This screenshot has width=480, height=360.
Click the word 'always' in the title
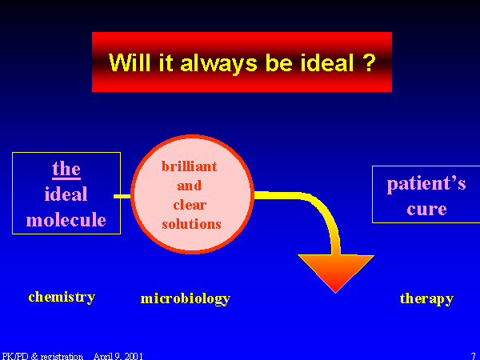tap(218, 63)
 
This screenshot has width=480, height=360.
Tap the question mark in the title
tap(370, 62)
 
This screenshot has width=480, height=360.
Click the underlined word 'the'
tap(66, 170)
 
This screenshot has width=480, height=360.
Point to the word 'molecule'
tap(66, 219)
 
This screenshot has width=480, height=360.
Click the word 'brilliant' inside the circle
tap(190, 166)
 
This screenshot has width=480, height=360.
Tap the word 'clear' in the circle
tap(190, 205)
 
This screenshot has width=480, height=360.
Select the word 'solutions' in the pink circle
tap(191, 224)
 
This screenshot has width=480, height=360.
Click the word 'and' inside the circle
tap(190, 186)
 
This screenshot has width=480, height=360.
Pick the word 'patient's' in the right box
tap(426, 184)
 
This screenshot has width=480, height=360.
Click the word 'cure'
tap(426, 210)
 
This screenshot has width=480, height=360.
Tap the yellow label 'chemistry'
tap(62, 297)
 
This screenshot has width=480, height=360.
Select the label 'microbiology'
tap(186, 298)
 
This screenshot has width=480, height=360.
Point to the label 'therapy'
tap(426, 298)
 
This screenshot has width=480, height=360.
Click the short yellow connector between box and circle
tap(122, 196)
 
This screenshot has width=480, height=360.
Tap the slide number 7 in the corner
tap(474, 356)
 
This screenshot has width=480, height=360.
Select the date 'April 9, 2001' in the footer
tap(118, 356)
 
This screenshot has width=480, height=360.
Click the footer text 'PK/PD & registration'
tap(42, 356)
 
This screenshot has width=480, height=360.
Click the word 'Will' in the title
tap(130, 62)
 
